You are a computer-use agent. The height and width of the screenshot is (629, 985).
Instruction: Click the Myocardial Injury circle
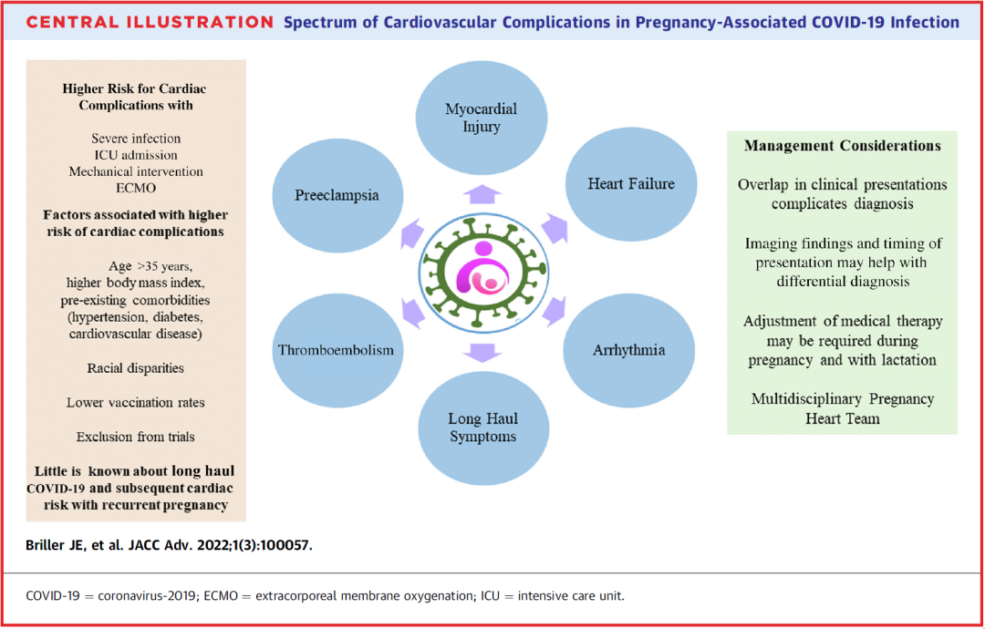pyautogui.click(x=482, y=118)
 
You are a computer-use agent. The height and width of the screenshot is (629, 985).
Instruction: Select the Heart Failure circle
pyautogui.click(x=631, y=183)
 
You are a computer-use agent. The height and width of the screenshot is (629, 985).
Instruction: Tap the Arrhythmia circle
pyautogui.click(x=628, y=350)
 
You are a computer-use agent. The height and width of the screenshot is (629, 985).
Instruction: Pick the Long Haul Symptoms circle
pyautogui.click(x=483, y=428)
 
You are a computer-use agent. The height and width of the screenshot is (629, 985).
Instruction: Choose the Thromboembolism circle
pyautogui.click(x=337, y=349)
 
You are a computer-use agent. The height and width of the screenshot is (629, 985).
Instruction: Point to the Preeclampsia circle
pyautogui.click(x=337, y=195)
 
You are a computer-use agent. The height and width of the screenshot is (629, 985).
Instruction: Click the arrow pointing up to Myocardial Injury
pyautogui.click(x=482, y=194)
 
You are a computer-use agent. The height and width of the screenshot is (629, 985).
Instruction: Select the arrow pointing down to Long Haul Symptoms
pyautogui.click(x=482, y=352)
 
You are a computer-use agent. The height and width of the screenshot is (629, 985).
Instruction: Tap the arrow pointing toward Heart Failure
pyautogui.click(x=555, y=229)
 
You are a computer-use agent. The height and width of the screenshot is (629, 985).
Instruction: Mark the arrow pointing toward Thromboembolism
pyautogui.click(x=412, y=312)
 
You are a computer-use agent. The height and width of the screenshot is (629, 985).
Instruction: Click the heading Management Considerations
pyautogui.click(x=843, y=146)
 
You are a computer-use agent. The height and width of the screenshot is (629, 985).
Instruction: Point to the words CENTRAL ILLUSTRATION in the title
pyautogui.click(x=150, y=23)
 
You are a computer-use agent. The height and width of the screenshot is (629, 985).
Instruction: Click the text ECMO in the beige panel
pyautogui.click(x=136, y=189)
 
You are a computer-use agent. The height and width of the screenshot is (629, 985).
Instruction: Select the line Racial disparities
pyautogui.click(x=136, y=368)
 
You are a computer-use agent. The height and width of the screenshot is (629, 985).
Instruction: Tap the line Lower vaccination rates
pyautogui.click(x=136, y=402)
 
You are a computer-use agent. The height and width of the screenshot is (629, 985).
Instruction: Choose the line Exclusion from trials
pyautogui.click(x=136, y=437)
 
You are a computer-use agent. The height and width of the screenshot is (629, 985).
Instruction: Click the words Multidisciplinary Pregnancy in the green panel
pyautogui.click(x=843, y=398)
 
